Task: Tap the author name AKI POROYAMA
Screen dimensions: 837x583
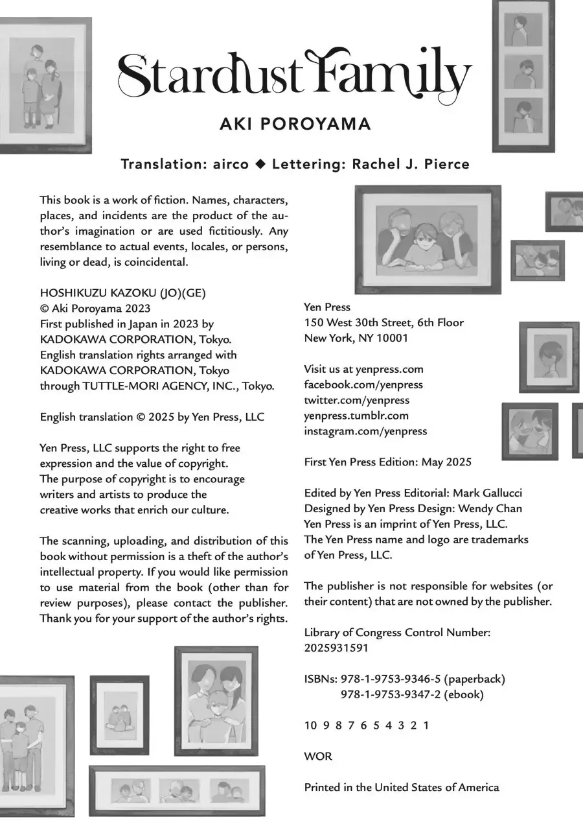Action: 295,124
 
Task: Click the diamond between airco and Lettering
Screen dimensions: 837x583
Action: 260,165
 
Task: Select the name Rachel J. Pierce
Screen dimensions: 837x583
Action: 410,165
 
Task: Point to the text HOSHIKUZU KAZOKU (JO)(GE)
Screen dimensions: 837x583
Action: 122,292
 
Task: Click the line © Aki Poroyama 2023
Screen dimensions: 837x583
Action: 95,308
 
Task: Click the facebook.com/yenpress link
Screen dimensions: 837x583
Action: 363,384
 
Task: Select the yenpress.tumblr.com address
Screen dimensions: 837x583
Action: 356,416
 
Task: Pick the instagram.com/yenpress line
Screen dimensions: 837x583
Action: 365,431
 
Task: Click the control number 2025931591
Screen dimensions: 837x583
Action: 336,648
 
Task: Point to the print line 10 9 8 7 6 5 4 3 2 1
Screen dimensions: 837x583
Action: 367,725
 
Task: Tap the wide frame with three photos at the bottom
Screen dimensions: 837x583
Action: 177,791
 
